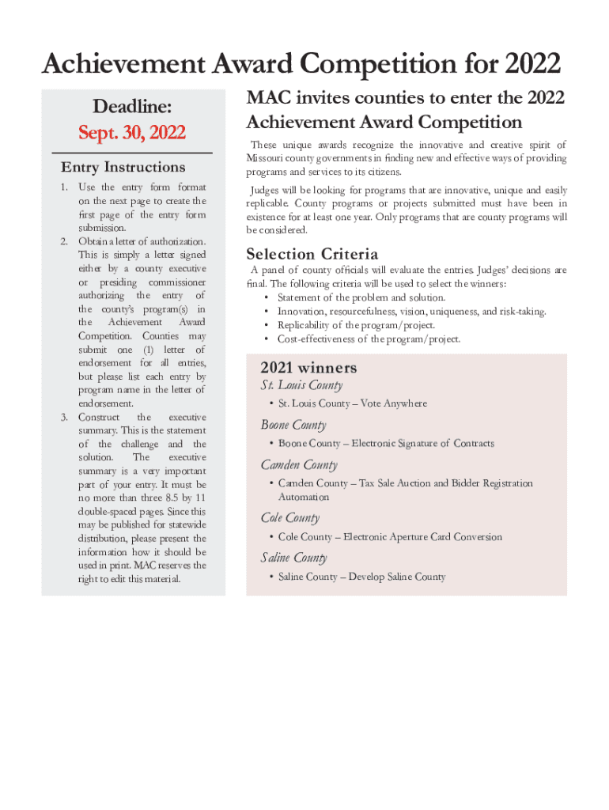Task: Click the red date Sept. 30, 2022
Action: [132, 132]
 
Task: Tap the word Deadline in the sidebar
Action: [132, 106]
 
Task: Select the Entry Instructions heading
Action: [123, 167]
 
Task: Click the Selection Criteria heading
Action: [312, 254]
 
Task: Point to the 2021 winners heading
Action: [308, 368]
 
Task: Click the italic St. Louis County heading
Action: [301, 385]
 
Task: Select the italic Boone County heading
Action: [293, 425]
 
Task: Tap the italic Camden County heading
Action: [299, 465]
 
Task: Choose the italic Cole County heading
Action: [290, 518]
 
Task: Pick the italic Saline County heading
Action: [294, 558]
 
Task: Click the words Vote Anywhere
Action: [394, 403]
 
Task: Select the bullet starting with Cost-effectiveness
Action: [369, 339]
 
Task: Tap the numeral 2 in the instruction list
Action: [64, 241]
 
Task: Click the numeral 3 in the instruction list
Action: [64, 417]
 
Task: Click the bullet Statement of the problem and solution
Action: [361, 297]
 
